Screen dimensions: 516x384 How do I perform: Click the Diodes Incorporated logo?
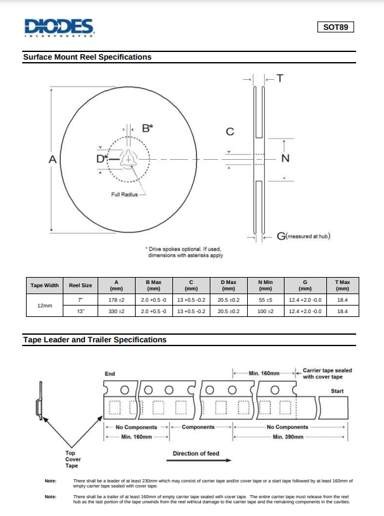tap(60, 27)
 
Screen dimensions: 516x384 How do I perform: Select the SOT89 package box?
tap(335, 27)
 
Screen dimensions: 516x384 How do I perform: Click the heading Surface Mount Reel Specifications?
tap(87, 57)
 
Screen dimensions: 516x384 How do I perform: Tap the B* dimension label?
tap(147, 128)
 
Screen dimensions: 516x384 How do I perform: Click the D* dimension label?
tap(101, 158)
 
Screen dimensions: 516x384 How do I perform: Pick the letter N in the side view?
tap(285, 158)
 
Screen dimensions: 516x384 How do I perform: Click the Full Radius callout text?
tap(125, 194)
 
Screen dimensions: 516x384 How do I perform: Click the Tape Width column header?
tap(44, 285)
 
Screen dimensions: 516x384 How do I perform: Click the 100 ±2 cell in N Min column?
tap(265, 311)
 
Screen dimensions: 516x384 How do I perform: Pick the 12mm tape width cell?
tap(44, 305)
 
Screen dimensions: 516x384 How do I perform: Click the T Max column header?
tap(342, 285)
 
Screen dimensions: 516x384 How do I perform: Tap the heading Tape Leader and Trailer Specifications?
tap(95, 340)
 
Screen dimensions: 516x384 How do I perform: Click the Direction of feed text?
tap(196, 453)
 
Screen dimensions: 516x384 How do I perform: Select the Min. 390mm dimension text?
tap(288, 437)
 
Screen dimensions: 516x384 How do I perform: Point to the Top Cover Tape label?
tap(73, 460)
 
